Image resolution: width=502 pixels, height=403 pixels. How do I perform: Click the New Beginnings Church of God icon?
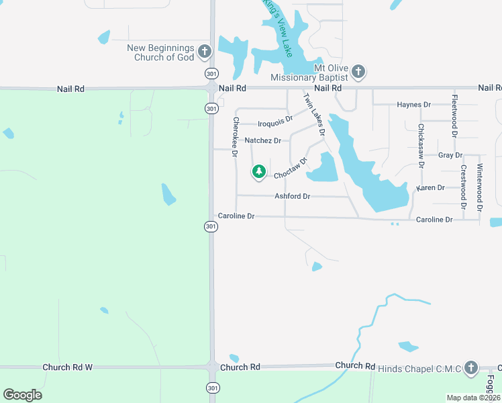point(205,51)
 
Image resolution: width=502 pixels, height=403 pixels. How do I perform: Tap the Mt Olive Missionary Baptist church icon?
point(358,71)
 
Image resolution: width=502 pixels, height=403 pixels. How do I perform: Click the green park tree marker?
point(259,172)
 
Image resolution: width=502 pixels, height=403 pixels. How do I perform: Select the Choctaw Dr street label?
point(290,169)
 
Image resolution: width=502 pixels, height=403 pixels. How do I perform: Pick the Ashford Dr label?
point(292,196)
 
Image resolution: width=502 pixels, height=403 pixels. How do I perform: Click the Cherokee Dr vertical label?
point(236,138)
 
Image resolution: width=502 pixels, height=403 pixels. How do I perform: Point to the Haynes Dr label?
point(413,105)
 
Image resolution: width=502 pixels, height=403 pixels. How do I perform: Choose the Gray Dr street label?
point(446,155)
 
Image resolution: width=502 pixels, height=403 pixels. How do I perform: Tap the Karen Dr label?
point(430,188)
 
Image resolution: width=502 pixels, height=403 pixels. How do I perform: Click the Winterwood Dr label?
point(480,188)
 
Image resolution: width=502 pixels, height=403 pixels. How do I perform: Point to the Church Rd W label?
point(67,367)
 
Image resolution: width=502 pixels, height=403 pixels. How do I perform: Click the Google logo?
point(22,395)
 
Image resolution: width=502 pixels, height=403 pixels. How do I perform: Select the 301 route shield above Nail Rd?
point(211,73)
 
